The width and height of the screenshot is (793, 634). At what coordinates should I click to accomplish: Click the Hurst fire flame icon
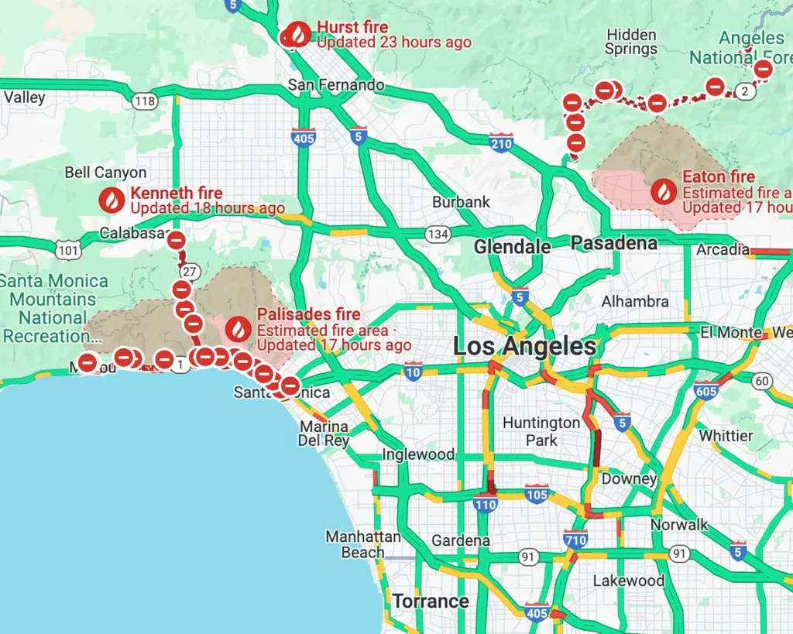coord(298,34)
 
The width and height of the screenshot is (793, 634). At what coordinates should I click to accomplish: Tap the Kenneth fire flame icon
coord(112,200)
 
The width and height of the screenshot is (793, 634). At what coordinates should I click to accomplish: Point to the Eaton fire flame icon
coord(664,191)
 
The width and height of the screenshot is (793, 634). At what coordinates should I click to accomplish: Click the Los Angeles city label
coord(524,346)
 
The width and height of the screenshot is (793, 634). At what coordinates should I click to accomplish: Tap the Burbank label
coord(461,202)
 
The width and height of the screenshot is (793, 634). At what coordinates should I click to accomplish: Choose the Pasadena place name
coord(613,243)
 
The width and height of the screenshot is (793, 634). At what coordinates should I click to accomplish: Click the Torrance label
coord(430,601)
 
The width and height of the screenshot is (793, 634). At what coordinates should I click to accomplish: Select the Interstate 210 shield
coord(501,142)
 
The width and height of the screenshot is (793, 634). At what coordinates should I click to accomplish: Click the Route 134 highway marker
coord(438,234)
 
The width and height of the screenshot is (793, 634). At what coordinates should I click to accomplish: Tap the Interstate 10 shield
coord(413,372)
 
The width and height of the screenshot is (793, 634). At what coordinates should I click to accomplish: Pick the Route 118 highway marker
coord(144,101)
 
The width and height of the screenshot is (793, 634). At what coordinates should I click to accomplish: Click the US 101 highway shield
coord(67,249)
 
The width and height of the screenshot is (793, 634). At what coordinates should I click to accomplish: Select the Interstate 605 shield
coord(706,391)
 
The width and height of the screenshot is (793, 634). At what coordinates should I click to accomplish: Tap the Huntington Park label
coord(541,431)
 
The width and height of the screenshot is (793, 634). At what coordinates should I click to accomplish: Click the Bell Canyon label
coord(105,172)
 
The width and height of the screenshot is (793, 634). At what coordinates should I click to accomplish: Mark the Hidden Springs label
coord(631,42)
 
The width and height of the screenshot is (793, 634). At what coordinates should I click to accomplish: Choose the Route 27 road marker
coord(188,272)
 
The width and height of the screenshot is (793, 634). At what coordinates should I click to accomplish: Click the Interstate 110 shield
coord(486,505)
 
